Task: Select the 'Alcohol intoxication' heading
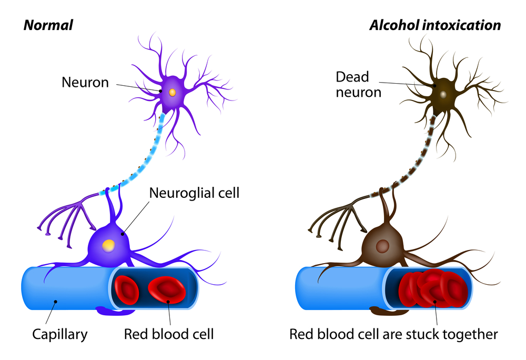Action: [435, 25]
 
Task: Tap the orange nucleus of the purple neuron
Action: [172, 92]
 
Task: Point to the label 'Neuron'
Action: [85, 82]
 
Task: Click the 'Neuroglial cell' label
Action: [195, 193]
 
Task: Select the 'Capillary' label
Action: [60, 334]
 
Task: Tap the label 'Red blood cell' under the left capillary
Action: [169, 334]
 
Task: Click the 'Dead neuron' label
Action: [353, 84]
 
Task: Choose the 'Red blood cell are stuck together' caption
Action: [393, 334]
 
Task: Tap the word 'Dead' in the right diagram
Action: [353, 77]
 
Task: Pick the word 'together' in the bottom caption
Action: [468, 334]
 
